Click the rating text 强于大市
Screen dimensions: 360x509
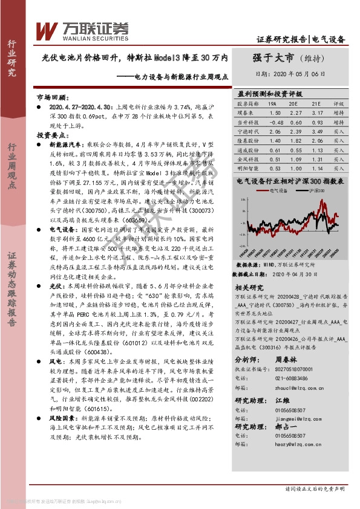pos(272,58)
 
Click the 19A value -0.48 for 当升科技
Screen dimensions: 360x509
pos(275,122)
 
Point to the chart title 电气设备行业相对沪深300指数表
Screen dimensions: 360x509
pos(290,181)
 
